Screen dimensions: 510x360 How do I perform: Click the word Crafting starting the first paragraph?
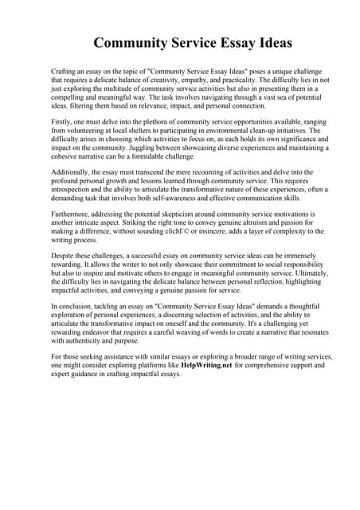65,72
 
